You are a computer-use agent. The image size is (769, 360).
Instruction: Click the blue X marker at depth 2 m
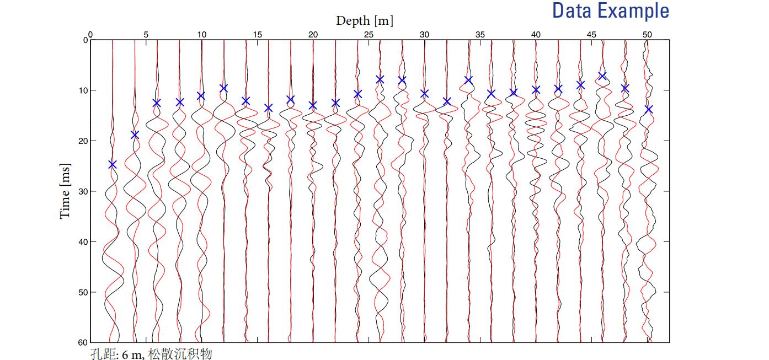click(x=113, y=164)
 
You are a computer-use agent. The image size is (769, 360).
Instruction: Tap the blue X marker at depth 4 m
click(x=135, y=135)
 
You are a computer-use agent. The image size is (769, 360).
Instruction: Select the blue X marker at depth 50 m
click(x=648, y=109)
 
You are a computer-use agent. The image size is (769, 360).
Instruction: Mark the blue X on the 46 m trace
click(x=602, y=76)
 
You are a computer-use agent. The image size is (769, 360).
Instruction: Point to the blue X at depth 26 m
click(x=380, y=79)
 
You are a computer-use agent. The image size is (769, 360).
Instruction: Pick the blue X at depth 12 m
click(x=224, y=88)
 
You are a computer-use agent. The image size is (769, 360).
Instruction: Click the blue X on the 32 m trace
click(x=447, y=101)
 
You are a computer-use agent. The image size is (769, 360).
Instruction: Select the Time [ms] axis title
click(x=65, y=191)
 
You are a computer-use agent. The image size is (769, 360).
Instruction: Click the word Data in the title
click(x=570, y=11)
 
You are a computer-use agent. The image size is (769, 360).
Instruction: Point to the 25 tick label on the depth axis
click(x=369, y=34)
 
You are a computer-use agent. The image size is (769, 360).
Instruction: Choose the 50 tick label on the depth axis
click(x=648, y=34)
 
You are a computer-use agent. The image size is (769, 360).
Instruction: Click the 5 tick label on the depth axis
click(x=146, y=34)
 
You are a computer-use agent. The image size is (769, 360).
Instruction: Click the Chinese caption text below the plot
click(x=151, y=353)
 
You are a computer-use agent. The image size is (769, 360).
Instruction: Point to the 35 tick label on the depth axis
click(x=480, y=34)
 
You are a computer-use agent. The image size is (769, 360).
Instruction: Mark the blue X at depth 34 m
click(x=469, y=80)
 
